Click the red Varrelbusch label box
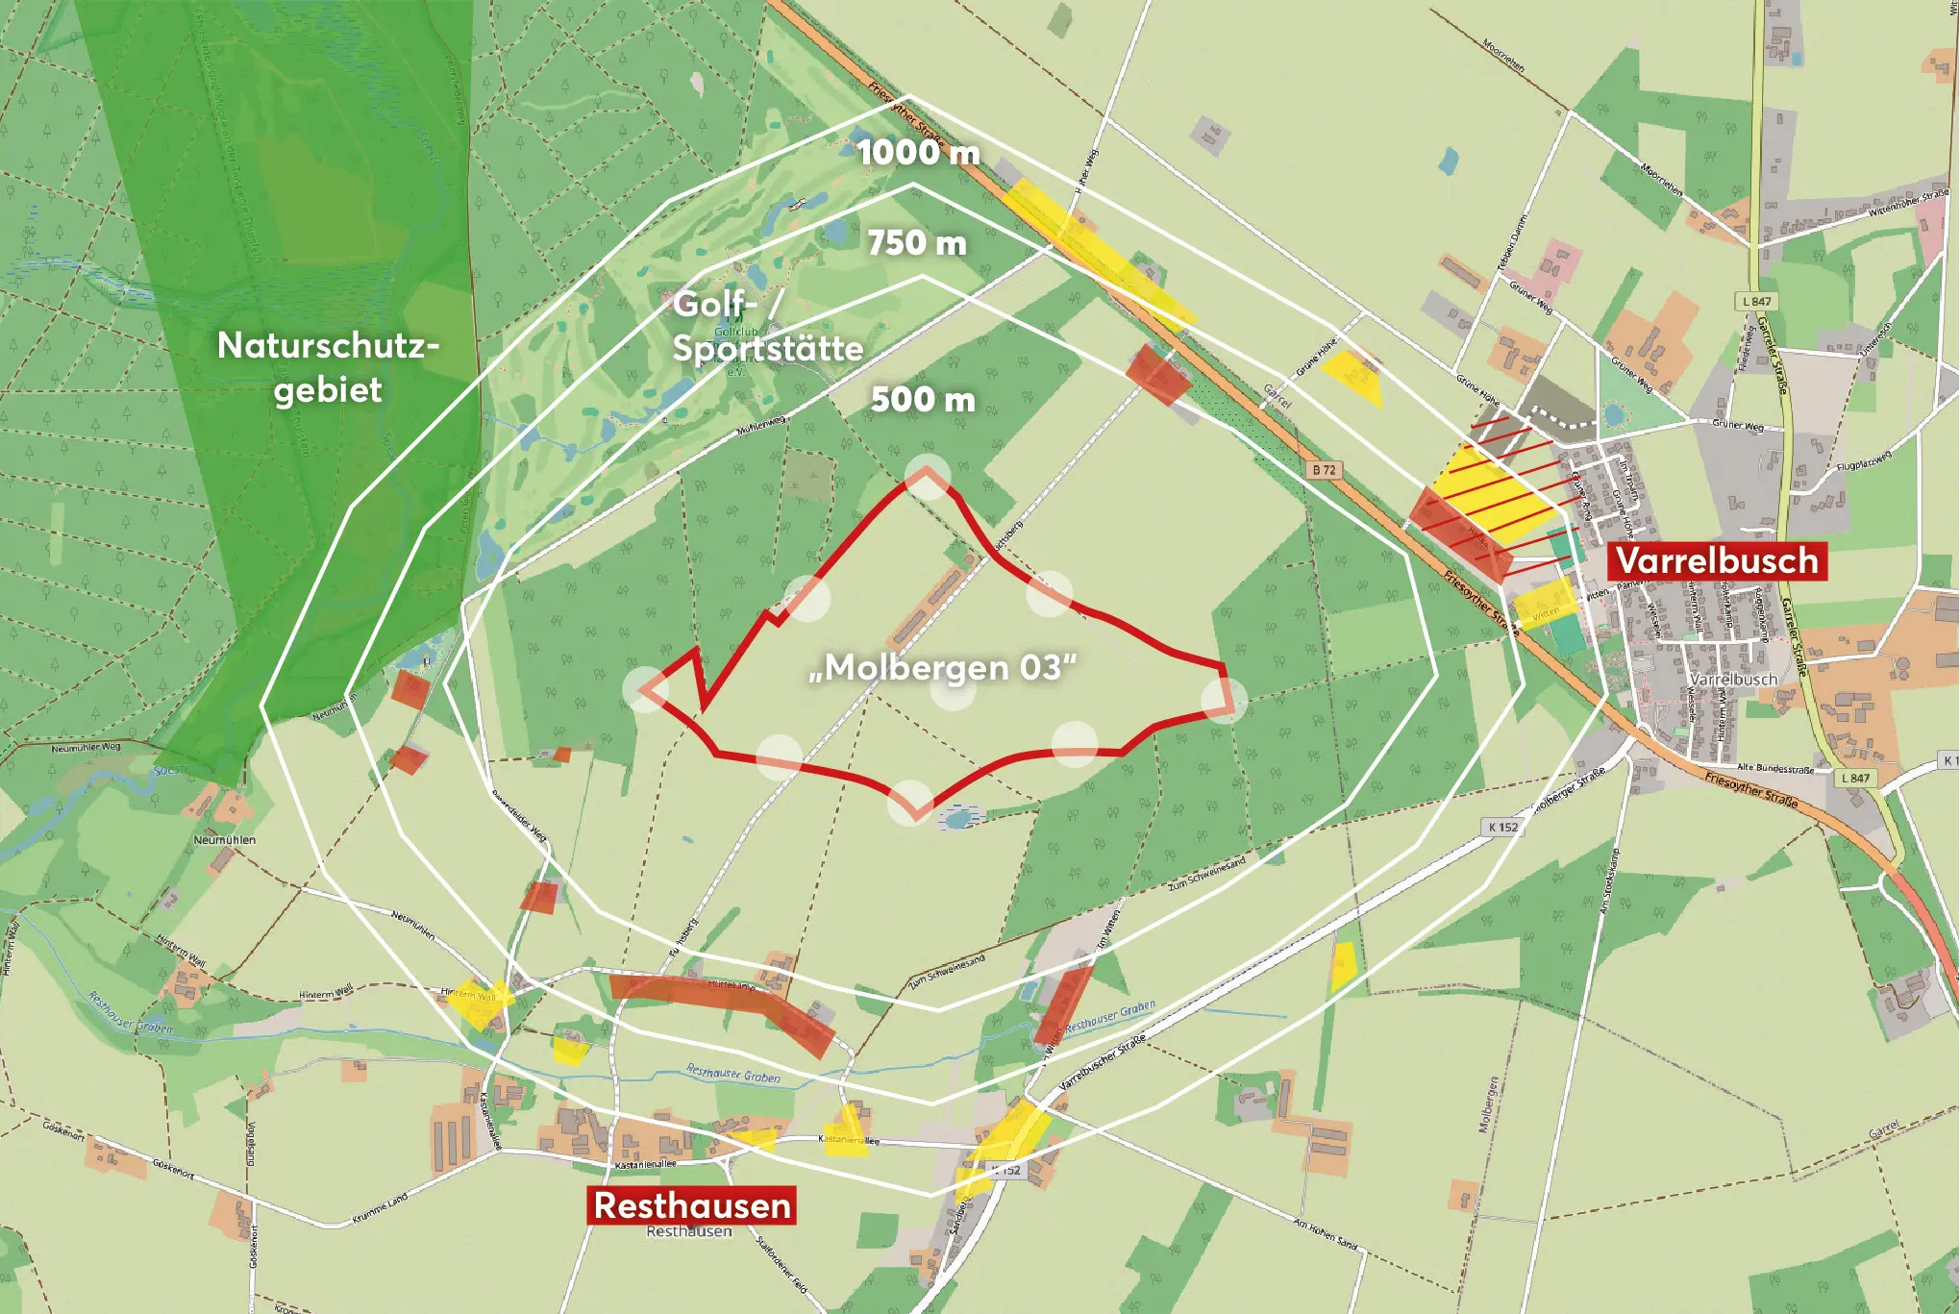coord(1717,560)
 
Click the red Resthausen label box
coord(692,1205)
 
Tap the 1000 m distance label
coord(918,152)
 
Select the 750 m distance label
coord(917,242)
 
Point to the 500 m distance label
coord(923,399)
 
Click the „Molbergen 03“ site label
coord(942,667)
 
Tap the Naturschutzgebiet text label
coord(328,367)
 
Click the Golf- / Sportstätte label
coord(767,326)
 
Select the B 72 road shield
coord(1325,470)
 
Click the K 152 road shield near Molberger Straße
coord(1503,827)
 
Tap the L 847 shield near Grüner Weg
coord(1757,301)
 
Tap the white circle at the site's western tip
coord(645,689)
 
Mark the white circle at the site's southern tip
coord(910,803)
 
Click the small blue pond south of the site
coord(957,818)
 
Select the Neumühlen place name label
coord(224,839)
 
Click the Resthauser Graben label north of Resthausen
coord(733,1074)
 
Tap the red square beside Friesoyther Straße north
coord(1158,374)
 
